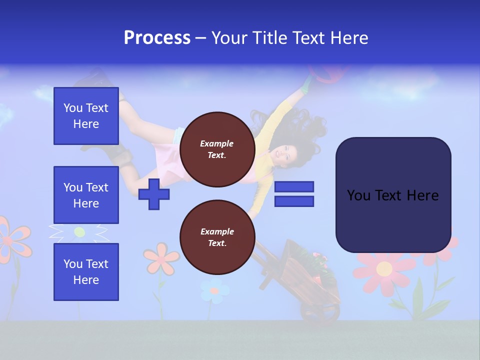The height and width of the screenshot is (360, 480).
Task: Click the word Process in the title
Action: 157,38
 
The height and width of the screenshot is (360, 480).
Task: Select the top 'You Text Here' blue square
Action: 86,116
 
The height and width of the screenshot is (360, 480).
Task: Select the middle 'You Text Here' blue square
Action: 86,195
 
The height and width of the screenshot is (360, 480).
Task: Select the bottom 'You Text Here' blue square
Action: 86,271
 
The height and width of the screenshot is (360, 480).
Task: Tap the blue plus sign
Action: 154,194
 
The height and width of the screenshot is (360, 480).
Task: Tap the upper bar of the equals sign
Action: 294,186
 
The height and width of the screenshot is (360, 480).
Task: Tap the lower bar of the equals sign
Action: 294,201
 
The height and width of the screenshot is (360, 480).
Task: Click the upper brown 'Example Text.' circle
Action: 217,149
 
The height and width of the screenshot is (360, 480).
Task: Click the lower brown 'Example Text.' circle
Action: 217,237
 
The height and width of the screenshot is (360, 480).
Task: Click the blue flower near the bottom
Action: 214,289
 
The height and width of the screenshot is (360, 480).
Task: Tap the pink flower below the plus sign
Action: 161,258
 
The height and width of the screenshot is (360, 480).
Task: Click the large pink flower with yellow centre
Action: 384,270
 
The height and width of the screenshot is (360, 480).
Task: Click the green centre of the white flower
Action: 79,232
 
